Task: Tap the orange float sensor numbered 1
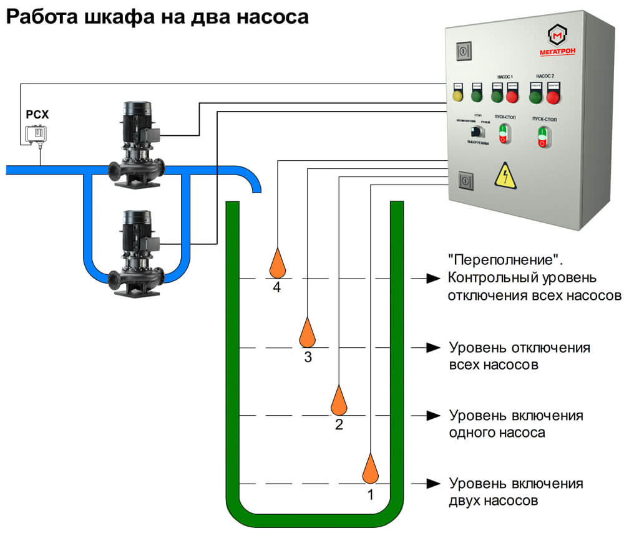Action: pos(371,469)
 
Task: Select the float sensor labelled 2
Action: pos(339,401)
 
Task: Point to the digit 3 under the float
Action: pos(308,358)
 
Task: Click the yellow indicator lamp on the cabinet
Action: pos(457,96)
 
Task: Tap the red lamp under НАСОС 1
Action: pos(513,96)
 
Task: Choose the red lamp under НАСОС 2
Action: pos(553,96)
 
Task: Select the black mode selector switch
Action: pos(477,132)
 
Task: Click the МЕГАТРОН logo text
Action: pos(558,52)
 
